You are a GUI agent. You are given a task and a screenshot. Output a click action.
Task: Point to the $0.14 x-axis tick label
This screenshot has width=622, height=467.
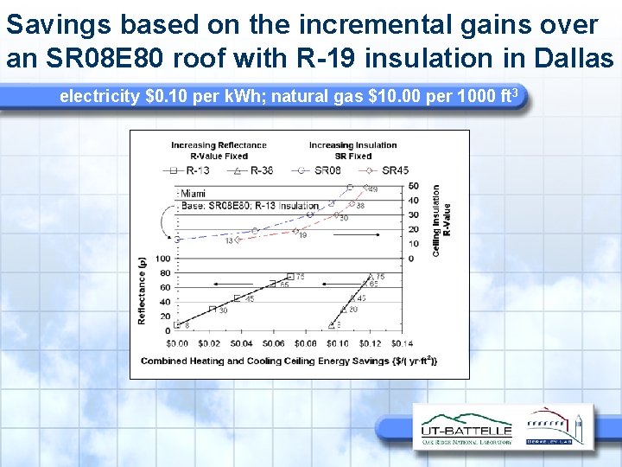[x=402, y=343]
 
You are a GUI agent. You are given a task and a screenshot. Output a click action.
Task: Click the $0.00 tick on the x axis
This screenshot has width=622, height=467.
[x=177, y=343]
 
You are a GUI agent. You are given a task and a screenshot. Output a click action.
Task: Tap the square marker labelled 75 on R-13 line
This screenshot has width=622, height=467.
[x=290, y=277]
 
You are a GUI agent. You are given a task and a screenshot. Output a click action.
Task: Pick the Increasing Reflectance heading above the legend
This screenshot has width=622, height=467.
[x=219, y=145]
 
